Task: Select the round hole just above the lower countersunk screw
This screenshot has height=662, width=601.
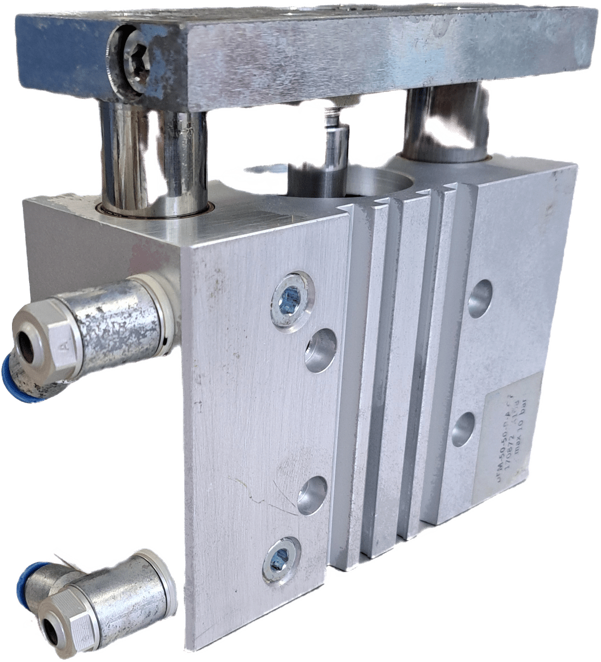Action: click(312, 493)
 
